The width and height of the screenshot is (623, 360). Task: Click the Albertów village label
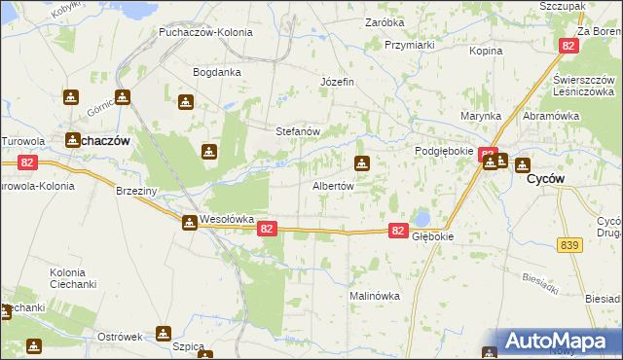[332, 185]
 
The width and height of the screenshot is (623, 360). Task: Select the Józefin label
[337, 82]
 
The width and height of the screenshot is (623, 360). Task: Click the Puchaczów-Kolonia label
[206, 31]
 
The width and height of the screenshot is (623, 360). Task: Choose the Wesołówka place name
[227, 219]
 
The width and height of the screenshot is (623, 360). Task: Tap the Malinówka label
[375, 296]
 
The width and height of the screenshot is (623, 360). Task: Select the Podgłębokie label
[444, 152]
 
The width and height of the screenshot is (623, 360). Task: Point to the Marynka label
[481, 116]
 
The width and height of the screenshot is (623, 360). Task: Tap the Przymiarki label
[409, 45]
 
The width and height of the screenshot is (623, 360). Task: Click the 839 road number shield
[571, 246]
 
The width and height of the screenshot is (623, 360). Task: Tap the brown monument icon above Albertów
[362, 163]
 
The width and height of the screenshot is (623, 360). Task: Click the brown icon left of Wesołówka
[189, 223]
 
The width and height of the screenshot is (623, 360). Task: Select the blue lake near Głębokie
[421, 218]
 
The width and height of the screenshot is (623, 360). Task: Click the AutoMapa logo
[561, 342]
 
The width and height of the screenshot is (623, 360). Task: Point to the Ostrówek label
[120, 336]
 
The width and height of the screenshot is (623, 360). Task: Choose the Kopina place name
[485, 51]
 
